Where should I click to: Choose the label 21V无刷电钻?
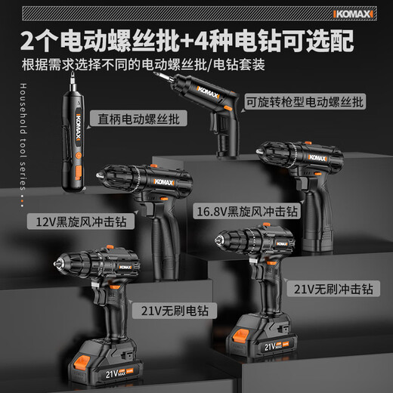click(172, 310)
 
